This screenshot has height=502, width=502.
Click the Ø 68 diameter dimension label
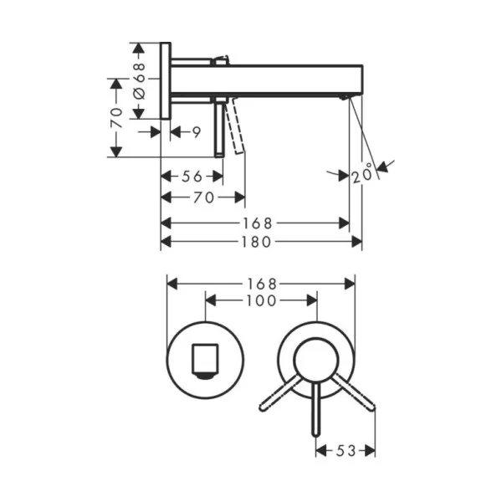tap(140, 80)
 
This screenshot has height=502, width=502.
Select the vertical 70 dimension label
tap(116, 118)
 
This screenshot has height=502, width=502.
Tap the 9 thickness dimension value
tap(197, 132)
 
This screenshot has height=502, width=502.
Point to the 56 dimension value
tap(192, 176)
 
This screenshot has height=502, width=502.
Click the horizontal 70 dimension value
tap(203, 197)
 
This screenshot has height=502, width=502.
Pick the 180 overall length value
tap(256, 242)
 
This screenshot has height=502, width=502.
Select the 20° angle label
tap(363, 173)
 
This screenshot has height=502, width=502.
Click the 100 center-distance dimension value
tap(261, 300)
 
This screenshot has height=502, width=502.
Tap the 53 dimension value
tap(346, 451)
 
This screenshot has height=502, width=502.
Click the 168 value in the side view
tap(258, 223)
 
